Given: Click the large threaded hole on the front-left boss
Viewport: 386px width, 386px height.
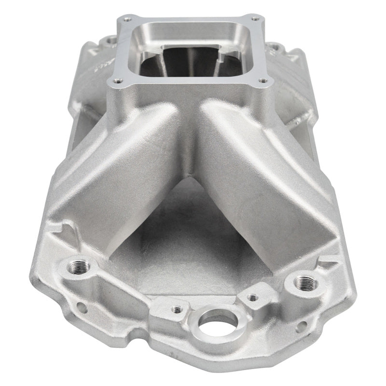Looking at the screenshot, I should click(77, 266).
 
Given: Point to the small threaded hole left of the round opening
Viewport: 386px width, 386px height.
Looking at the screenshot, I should click(176, 309).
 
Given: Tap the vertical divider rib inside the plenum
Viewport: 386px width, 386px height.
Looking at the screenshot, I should click(189, 63).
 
